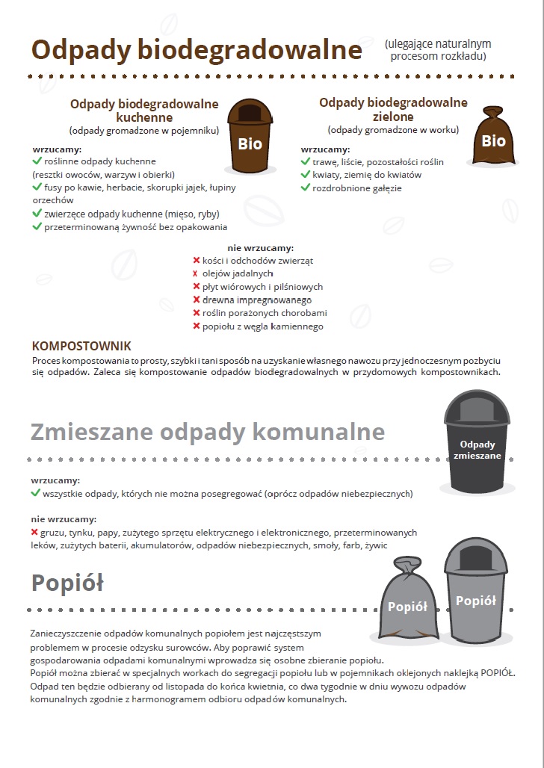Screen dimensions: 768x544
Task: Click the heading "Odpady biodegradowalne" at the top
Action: click(x=197, y=49)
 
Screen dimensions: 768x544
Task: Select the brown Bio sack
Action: click(x=492, y=137)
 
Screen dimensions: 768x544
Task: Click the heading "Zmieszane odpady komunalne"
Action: click(x=208, y=432)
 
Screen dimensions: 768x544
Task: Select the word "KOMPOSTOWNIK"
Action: click(x=81, y=346)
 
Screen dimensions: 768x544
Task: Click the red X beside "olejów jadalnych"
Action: click(x=197, y=273)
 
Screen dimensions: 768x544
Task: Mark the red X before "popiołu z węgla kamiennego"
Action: click(x=197, y=326)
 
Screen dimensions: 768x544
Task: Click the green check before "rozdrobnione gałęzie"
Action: click(x=305, y=188)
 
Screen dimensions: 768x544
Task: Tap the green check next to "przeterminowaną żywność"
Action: click(x=37, y=226)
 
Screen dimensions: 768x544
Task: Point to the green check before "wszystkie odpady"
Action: click(x=36, y=493)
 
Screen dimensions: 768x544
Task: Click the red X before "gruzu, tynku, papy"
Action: click(x=35, y=533)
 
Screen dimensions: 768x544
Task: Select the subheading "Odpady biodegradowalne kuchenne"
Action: click(x=144, y=111)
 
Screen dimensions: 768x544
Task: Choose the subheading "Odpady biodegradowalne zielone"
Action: click(x=393, y=109)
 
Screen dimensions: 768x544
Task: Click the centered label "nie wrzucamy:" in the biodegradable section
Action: click(x=260, y=248)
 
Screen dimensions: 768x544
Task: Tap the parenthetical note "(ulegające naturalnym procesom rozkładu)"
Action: click(x=438, y=50)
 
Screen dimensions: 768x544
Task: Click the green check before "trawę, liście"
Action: click(x=305, y=161)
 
